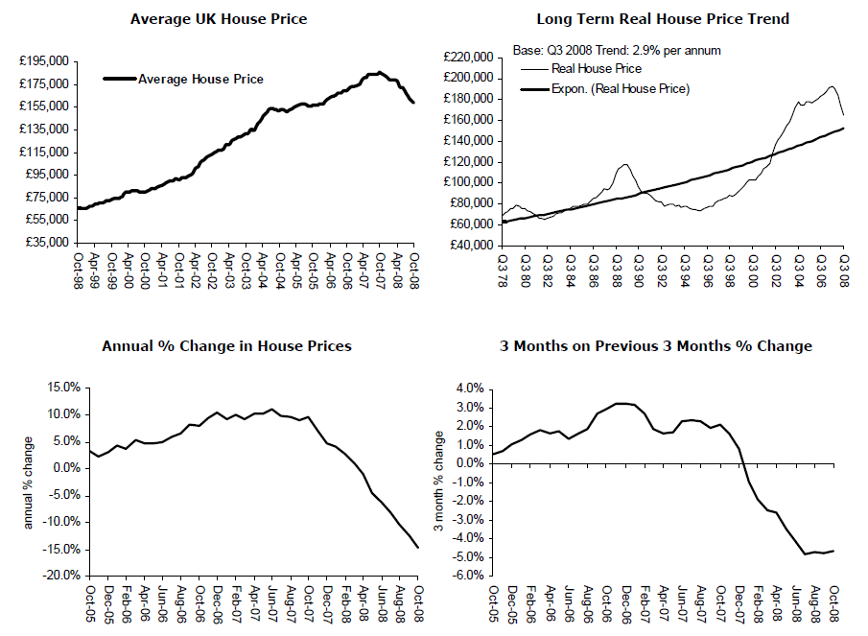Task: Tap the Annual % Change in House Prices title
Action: pos(226,345)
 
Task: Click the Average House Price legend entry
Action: pos(200,80)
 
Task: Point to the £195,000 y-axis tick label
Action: pos(44,61)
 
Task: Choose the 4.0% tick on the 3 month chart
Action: pos(471,389)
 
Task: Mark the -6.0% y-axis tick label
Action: pos(469,576)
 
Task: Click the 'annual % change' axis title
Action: pos(27,482)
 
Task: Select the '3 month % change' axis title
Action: pos(438,482)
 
